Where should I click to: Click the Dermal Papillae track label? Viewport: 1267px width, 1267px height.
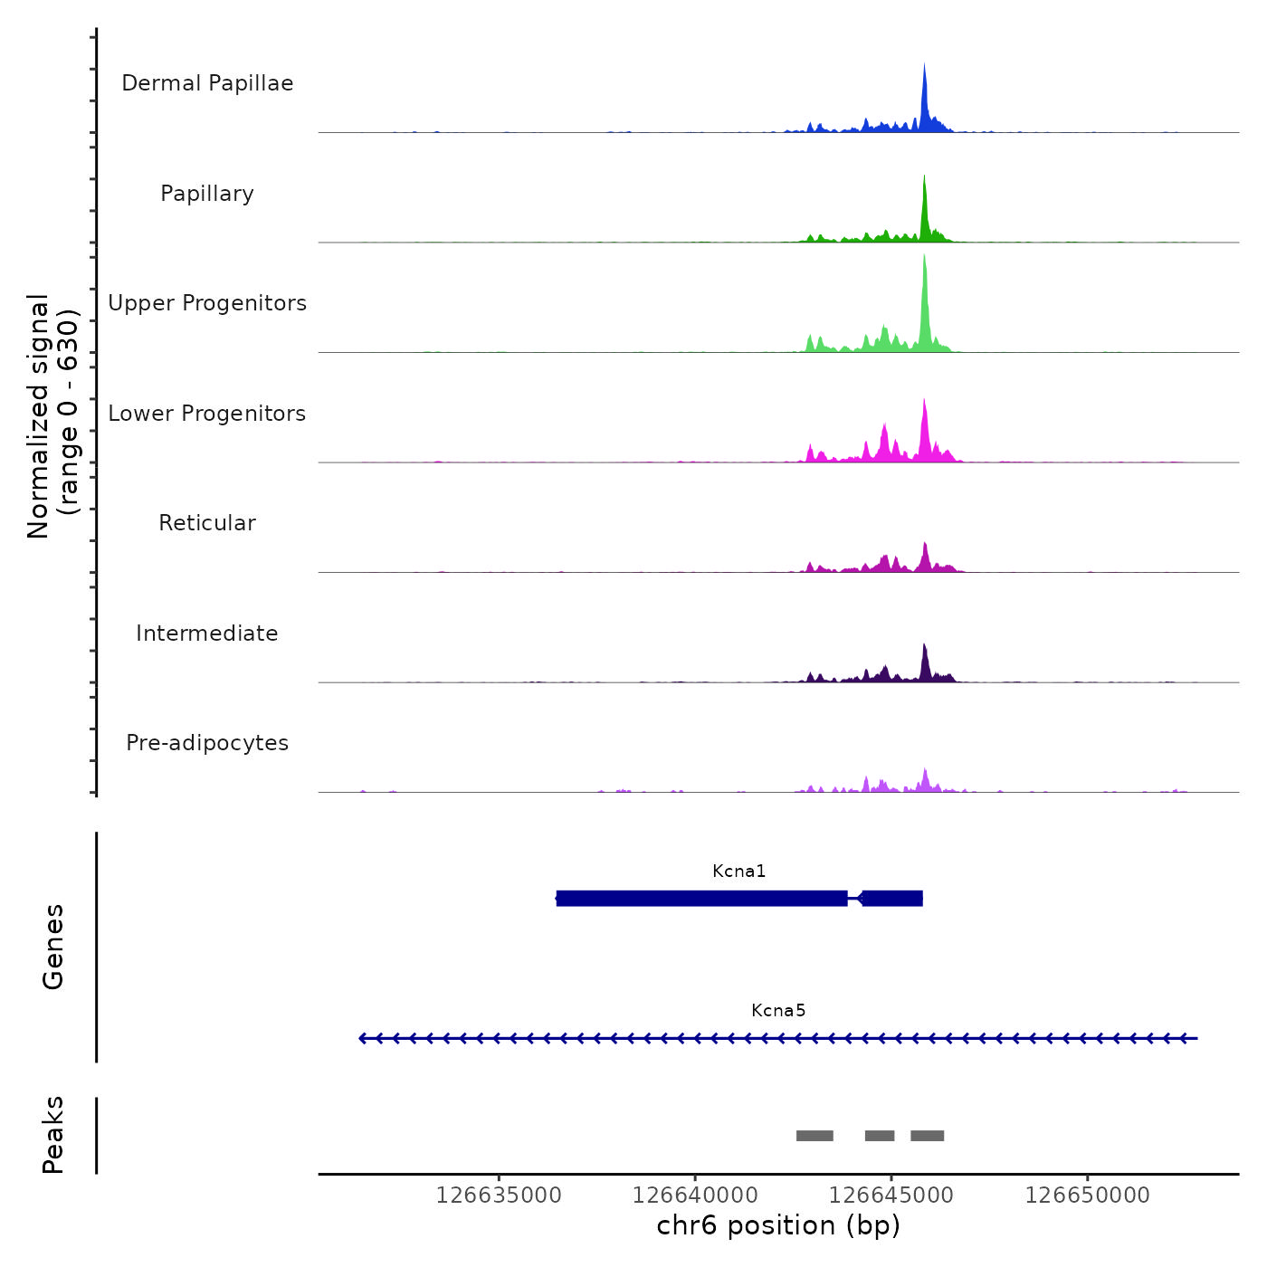coord(207,83)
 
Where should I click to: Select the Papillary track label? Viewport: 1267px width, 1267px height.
coord(207,194)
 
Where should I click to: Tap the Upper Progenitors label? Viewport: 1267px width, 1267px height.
coord(207,303)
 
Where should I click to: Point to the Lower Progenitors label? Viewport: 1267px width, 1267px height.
coord(207,414)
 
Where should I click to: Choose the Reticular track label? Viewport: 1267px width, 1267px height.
coord(207,523)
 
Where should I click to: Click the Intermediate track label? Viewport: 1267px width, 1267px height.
coord(207,633)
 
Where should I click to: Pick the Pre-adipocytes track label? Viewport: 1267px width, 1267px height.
coord(207,743)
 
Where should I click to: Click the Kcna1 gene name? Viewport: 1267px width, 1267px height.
coord(738,872)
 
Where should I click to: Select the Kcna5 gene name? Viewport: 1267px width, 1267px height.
coord(778,1011)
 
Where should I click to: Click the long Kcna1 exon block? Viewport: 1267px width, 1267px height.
coord(701,899)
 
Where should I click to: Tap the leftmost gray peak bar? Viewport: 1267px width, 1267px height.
coord(814,1136)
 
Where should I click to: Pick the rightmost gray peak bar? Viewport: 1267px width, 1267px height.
coord(927,1136)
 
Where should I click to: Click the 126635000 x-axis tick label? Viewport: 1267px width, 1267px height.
coord(499,1196)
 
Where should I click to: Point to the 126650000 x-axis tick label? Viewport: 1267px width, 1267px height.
coord(1087,1196)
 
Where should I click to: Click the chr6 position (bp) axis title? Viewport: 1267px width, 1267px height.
coord(778,1226)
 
